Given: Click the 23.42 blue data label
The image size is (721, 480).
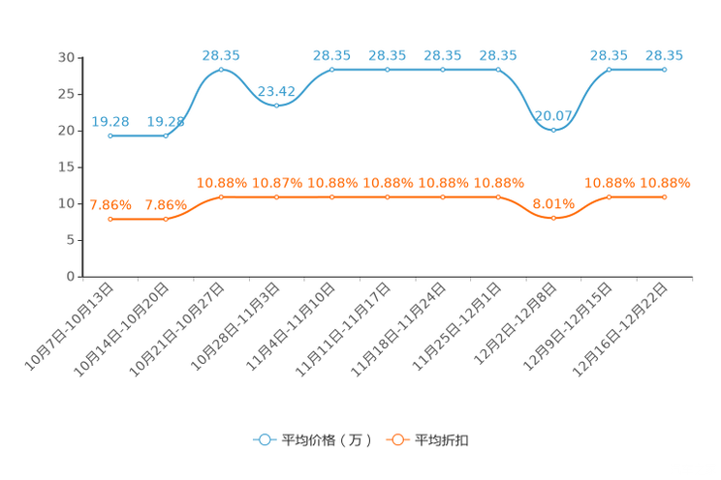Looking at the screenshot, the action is (276, 91).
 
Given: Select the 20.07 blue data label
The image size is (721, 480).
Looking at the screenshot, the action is (553, 116).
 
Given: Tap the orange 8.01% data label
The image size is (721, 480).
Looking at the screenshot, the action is (553, 204).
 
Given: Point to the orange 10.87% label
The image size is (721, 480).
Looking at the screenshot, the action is (277, 183).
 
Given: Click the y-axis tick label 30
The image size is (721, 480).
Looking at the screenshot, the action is (66, 57).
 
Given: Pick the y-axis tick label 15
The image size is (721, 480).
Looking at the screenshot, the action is (66, 167).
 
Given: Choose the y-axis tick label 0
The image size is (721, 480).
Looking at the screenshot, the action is (71, 277).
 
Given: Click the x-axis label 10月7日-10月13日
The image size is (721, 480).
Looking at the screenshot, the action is (69, 326).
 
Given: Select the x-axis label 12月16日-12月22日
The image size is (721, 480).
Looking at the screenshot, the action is (619, 329).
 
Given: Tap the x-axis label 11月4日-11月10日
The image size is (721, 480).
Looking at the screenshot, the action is (291, 326).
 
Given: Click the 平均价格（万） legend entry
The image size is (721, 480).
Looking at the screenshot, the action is (312, 440).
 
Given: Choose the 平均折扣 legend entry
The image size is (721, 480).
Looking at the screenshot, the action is (427, 440).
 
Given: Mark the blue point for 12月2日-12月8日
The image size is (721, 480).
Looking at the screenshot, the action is (553, 131).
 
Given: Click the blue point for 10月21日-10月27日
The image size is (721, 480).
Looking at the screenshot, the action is (221, 70).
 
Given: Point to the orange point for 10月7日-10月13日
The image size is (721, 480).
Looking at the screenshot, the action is (110, 220).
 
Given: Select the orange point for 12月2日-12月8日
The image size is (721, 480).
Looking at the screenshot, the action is (553, 218).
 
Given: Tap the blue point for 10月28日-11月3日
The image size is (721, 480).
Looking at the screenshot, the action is (276, 105).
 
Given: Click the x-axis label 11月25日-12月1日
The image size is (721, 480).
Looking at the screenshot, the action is (456, 326).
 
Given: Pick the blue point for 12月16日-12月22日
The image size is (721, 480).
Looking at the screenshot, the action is (665, 70).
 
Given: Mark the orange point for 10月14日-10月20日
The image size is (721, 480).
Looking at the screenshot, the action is (166, 220).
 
